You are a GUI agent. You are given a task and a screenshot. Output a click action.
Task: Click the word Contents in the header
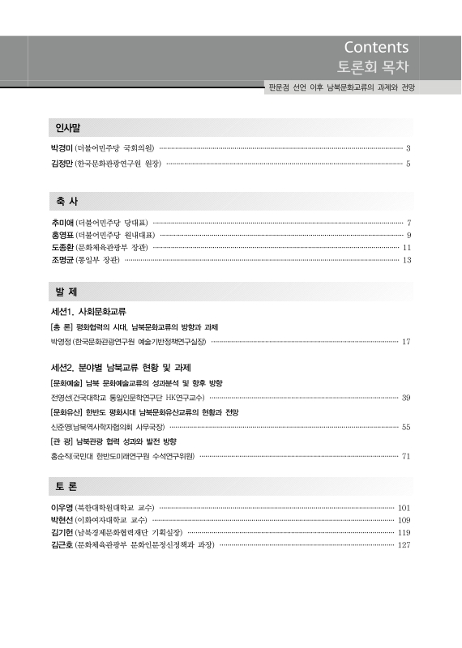[x=376, y=47]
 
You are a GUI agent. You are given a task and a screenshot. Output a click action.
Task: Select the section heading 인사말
[x=67, y=128]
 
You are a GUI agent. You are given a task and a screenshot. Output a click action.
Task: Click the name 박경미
[x=62, y=149]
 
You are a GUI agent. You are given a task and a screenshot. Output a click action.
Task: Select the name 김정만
[x=62, y=164]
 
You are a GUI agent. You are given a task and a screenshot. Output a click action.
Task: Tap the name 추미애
[x=62, y=222]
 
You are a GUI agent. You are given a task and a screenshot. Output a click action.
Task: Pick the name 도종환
[x=62, y=247]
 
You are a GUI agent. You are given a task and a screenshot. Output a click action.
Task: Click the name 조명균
[x=62, y=260]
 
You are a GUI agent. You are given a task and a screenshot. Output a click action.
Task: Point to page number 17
[x=406, y=343]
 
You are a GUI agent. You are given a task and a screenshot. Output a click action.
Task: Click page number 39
[x=406, y=398]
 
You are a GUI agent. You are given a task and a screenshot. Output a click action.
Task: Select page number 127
[x=404, y=545]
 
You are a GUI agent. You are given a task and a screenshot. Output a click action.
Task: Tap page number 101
[x=404, y=508]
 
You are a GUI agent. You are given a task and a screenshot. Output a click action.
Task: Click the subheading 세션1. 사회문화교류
[x=88, y=312]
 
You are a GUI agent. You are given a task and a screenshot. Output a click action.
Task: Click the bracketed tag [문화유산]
[x=68, y=412]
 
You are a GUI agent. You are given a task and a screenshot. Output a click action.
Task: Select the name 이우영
[x=62, y=508]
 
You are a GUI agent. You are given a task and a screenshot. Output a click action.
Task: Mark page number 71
[x=406, y=456]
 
